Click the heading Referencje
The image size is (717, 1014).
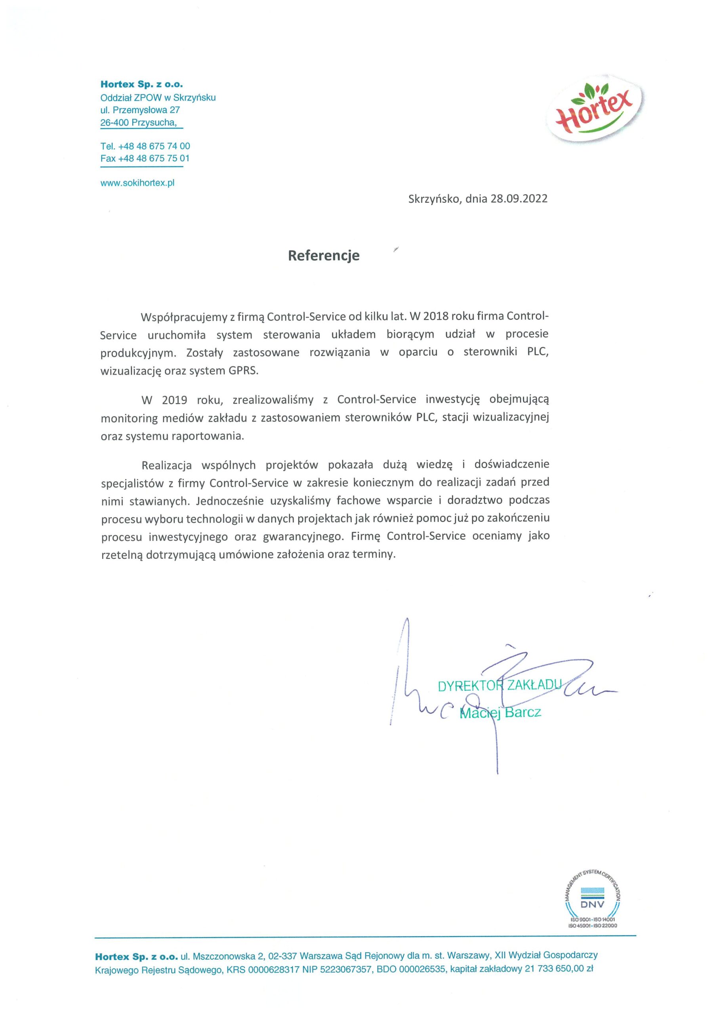(x=323, y=255)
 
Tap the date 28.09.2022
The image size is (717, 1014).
(x=519, y=199)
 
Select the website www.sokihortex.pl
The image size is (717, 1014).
(x=137, y=183)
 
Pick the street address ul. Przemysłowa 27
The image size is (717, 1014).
(x=140, y=110)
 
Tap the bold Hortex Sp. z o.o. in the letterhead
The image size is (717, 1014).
(x=141, y=84)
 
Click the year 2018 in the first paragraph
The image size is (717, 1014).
(x=437, y=316)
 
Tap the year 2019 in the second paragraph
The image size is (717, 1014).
(x=175, y=400)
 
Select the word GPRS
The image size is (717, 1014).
(x=242, y=370)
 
